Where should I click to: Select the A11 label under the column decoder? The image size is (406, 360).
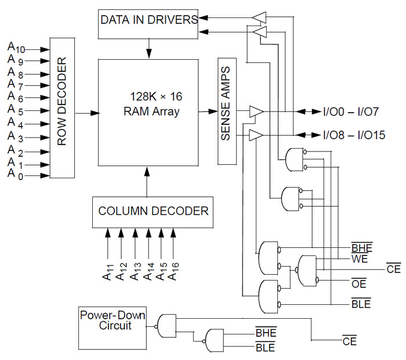107,267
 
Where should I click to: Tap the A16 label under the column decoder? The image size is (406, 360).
173,267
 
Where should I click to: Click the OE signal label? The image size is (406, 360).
360,283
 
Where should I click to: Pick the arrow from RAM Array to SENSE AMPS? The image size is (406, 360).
207,111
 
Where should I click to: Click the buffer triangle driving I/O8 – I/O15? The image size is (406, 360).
255,135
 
